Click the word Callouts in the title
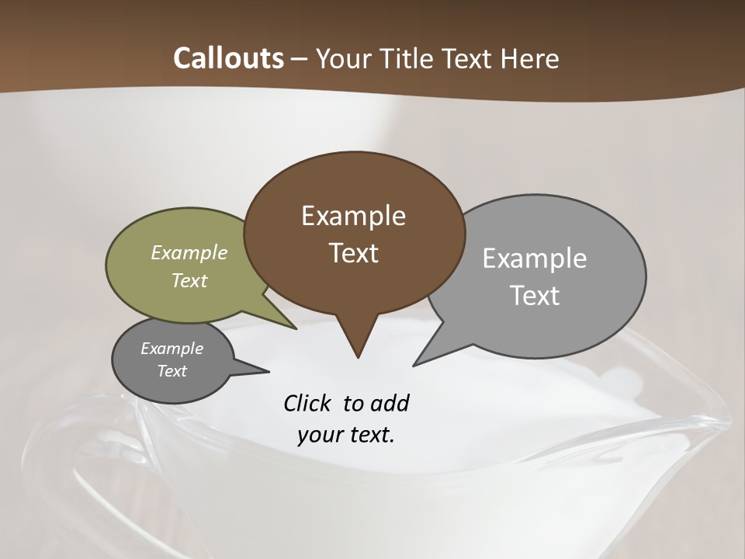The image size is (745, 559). (x=228, y=58)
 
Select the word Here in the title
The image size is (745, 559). (x=529, y=58)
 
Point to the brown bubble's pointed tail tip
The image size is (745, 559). (x=358, y=357)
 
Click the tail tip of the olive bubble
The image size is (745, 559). (x=296, y=329)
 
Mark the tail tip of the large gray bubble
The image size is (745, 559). (x=414, y=365)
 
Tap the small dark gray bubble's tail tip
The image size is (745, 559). (x=269, y=371)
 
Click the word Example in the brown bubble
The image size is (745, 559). (x=353, y=216)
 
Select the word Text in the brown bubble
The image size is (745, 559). (x=353, y=253)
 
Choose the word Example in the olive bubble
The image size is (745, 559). (x=189, y=252)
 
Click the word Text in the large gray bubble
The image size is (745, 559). (x=535, y=296)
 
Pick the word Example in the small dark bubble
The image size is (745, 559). (x=172, y=349)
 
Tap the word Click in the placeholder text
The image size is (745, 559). (x=309, y=404)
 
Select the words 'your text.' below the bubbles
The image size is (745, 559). (x=346, y=435)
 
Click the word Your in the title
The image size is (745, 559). (x=345, y=58)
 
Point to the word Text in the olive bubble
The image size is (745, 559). (x=189, y=280)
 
